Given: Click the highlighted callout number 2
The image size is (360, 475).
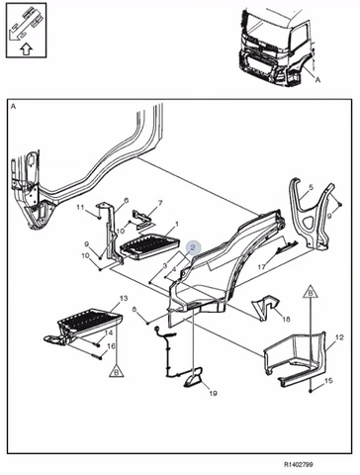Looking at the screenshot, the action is (x=193, y=247).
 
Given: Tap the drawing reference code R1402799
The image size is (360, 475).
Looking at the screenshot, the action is (x=299, y=465).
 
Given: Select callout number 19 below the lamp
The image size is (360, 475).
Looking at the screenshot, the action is (x=213, y=393).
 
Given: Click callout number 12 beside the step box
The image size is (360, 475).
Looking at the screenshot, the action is (x=339, y=337).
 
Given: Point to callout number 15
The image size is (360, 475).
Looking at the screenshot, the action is (x=328, y=381).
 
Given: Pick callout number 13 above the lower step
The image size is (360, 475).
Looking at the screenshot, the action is (x=124, y=299).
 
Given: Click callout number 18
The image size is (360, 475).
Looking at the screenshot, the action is (x=286, y=320).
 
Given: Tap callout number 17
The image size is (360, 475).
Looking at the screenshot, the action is (x=261, y=267).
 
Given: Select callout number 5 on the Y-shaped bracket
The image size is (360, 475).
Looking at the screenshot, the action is (x=311, y=188).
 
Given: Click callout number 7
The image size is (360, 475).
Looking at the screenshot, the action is (x=160, y=203).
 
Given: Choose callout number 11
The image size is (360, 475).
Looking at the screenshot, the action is (x=80, y=207).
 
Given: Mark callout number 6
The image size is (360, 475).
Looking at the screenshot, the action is (x=126, y=200).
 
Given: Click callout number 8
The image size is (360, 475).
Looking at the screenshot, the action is (x=135, y=310).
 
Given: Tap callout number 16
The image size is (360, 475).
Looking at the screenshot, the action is (x=111, y=346).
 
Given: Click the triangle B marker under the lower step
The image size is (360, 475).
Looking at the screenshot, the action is (x=117, y=371).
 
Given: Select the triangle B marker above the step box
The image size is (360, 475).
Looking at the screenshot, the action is (x=311, y=292).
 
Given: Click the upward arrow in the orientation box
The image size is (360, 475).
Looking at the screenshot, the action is (x=27, y=49).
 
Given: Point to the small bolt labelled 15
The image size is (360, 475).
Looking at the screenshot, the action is (x=311, y=391).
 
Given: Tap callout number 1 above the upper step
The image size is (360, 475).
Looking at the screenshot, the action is (x=177, y=225).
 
